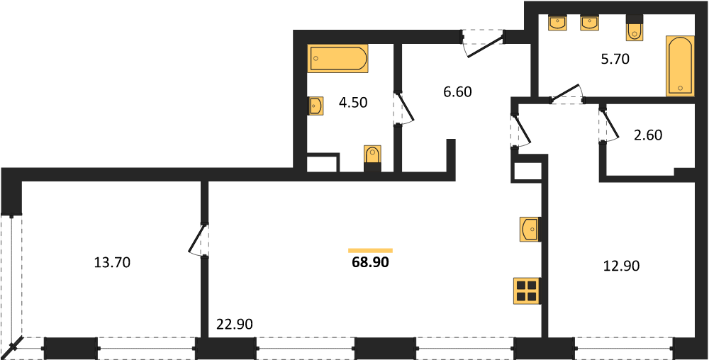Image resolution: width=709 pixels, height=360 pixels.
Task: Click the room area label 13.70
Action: click(x=112, y=262)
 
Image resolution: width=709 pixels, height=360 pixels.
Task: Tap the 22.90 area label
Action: click(x=233, y=324)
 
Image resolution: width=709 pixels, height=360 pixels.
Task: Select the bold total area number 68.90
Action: click(x=370, y=262)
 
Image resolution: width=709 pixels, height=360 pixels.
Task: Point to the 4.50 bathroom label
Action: click(x=352, y=103)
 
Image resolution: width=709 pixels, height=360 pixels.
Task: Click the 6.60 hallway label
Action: click(x=457, y=92)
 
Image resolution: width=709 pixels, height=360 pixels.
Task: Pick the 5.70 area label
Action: click(x=615, y=59)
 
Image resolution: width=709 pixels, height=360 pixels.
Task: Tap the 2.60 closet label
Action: click(x=648, y=135)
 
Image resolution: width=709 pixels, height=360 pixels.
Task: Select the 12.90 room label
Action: click(x=622, y=266)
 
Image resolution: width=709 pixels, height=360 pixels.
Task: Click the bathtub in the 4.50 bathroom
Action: click(x=337, y=58)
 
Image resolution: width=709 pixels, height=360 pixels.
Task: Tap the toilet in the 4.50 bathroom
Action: click(x=373, y=158)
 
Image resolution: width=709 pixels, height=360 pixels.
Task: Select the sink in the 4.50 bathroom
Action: click(x=316, y=106)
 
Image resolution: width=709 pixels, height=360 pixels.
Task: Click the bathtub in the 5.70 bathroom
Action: click(x=680, y=66)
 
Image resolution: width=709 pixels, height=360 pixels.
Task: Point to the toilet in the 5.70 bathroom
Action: click(x=634, y=28)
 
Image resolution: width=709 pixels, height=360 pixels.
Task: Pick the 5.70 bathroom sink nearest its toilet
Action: click(x=590, y=23)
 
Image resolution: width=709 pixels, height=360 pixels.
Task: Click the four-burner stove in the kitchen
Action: click(x=527, y=291)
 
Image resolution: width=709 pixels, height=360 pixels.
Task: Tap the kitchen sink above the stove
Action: click(x=530, y=229)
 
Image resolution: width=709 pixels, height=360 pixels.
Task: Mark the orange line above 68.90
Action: click(x=370, y=250)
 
